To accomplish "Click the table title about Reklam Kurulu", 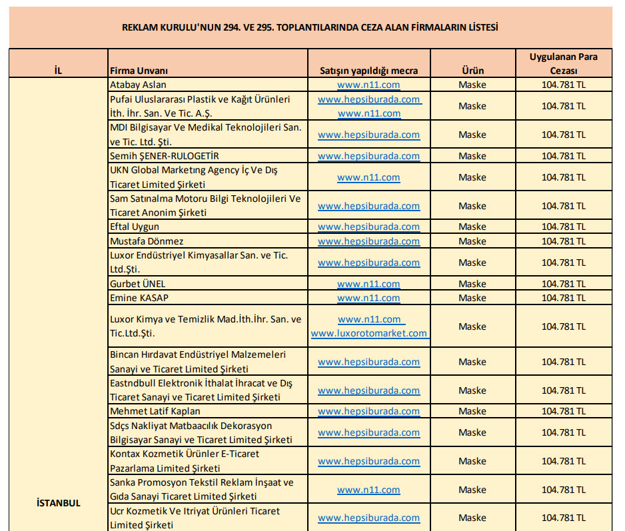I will (311, 27).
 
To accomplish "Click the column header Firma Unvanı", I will (139, 71).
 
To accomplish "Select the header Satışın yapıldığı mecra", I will (368, 71).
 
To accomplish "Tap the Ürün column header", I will (472, 71).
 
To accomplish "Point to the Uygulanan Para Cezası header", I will (563, 63).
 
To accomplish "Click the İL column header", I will (58, 71).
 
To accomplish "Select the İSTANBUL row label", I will (58, 503).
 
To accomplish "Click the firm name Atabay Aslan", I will (138, 85).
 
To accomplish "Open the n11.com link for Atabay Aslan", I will (368, 85).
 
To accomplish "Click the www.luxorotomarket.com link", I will (368, 333).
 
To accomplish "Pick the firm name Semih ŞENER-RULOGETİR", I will (164, 156).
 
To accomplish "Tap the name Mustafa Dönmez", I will (147, 241).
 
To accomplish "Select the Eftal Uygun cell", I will (135, 227).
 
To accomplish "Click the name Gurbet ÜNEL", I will (137, 284).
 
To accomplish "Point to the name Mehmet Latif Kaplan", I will (155, 411).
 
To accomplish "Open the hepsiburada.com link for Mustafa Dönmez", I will (368, 241).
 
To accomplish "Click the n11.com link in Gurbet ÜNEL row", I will (368, 284).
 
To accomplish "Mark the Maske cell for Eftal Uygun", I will (472, 227).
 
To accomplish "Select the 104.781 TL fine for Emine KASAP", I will (563, 298).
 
